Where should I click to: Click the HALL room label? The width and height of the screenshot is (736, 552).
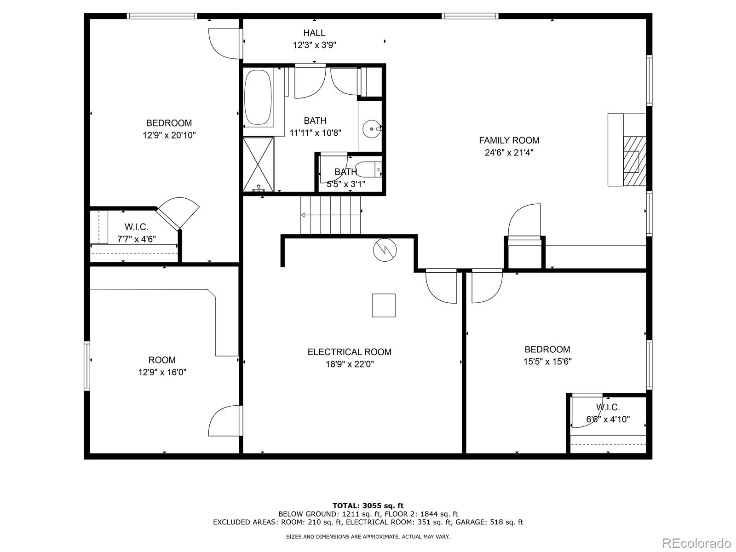[x=314, y=33]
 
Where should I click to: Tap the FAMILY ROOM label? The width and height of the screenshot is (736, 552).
[x=509, y=140]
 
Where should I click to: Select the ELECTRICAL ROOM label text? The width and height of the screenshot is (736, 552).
[x=349, y=352]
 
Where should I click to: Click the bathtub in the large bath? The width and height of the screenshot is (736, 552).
[x=258, y=98]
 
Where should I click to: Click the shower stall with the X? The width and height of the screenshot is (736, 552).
[x=258, y=164]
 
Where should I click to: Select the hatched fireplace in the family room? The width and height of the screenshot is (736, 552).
[x=634, y=161]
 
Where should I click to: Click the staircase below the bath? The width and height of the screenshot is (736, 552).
[x=331, y=215]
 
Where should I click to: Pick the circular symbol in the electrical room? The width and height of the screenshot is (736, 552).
[x=385, y=250]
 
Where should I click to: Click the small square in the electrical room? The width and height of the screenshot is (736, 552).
[x=384, y=305]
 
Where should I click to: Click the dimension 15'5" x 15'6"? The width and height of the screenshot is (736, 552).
[x=547, y=362]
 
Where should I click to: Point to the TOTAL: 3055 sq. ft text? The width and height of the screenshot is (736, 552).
[x=368, y=506]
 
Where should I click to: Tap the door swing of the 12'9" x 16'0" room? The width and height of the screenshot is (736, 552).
[x=224, y=421]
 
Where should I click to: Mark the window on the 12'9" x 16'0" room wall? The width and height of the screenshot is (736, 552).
[x=87, y=366]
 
